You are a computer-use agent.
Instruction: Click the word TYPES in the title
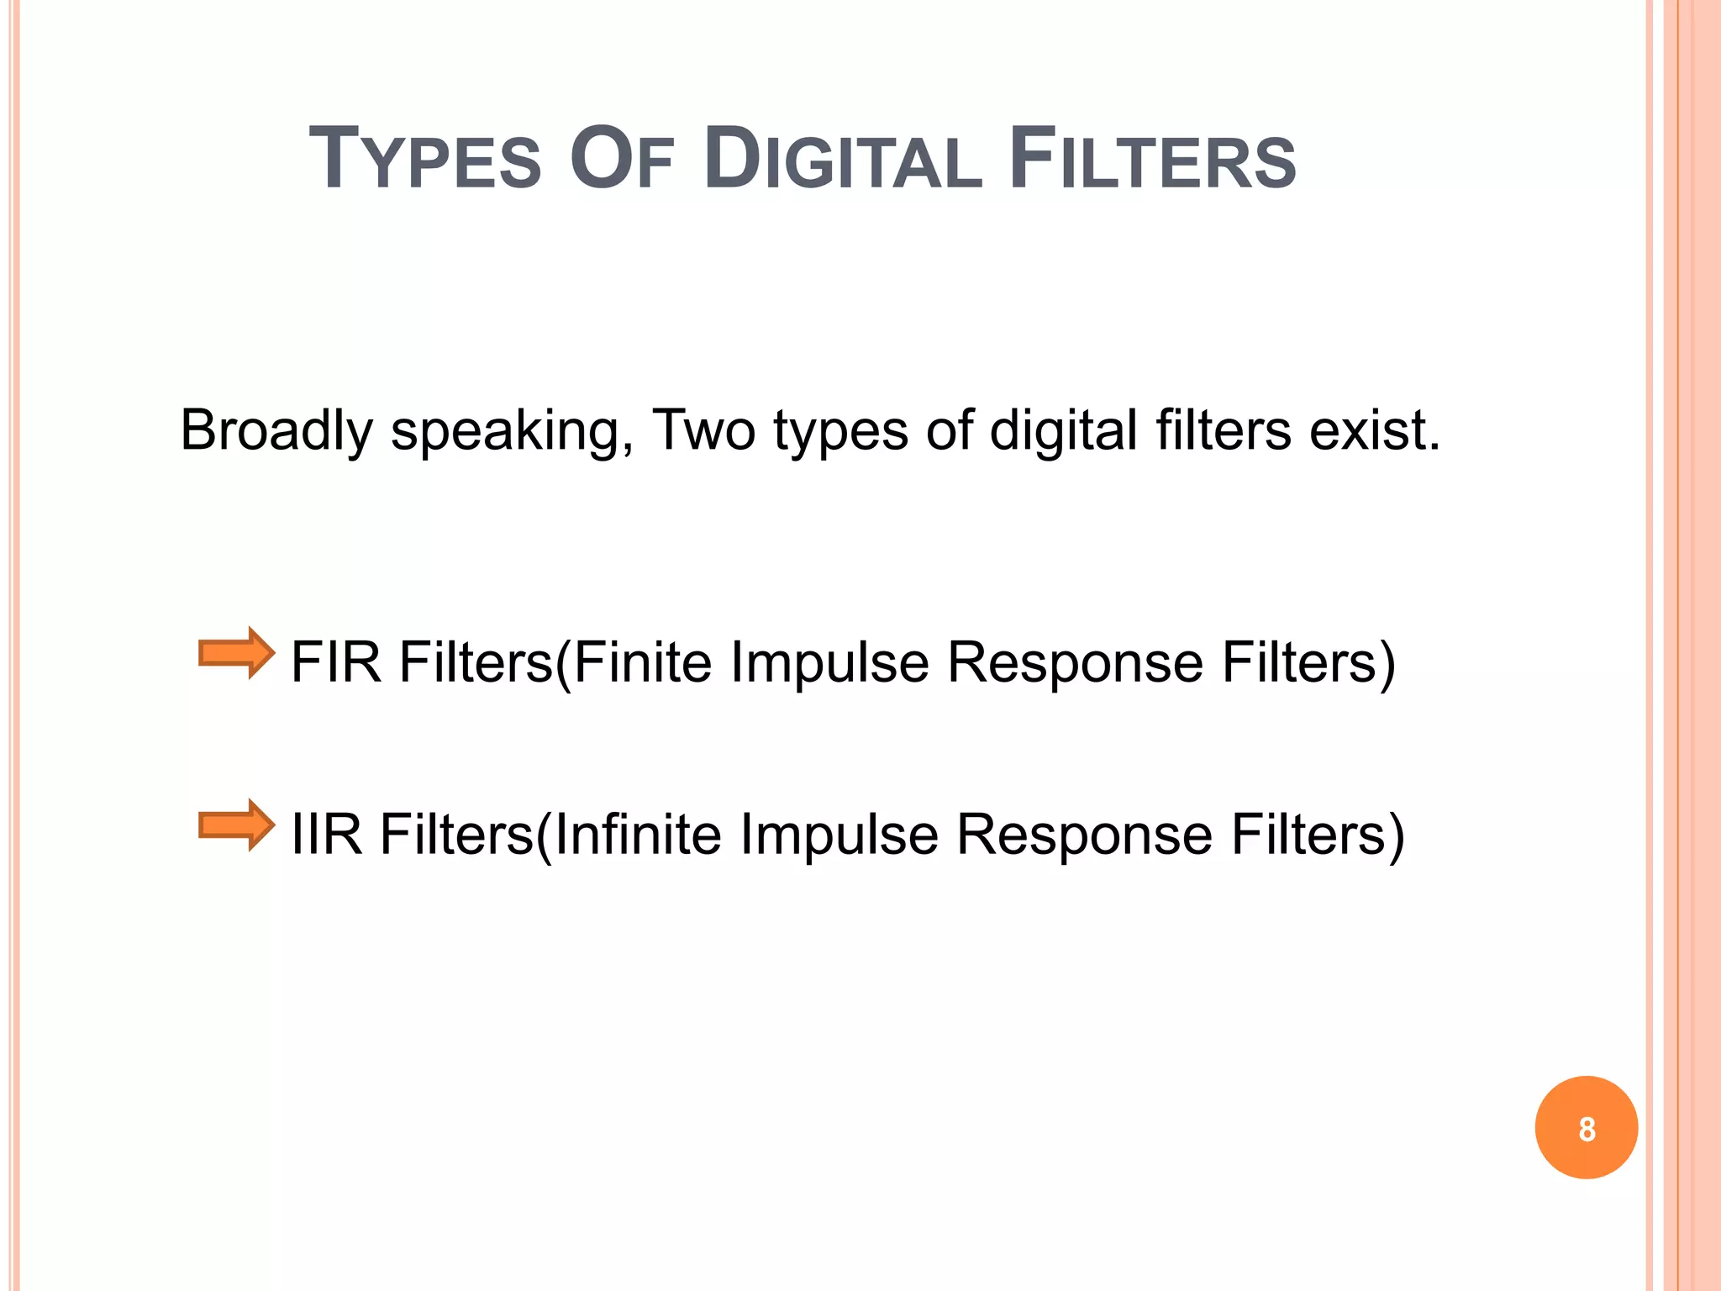pos(425,160)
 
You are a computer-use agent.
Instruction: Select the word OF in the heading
pos(622,160)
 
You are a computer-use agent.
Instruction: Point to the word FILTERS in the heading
pos(1152,160)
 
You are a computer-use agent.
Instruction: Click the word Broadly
pos(276,431)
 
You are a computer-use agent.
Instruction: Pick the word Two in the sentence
pos(703,431)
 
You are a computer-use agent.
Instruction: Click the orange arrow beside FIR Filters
pos(236,653)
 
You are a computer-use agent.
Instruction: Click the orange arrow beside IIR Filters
pos(236,825)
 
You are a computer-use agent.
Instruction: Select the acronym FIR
pos(336,662)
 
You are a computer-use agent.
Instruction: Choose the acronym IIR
pos(327,835)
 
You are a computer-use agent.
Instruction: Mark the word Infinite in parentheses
pos(638,835)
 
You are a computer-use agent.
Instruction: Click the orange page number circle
pos(1586,1128)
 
